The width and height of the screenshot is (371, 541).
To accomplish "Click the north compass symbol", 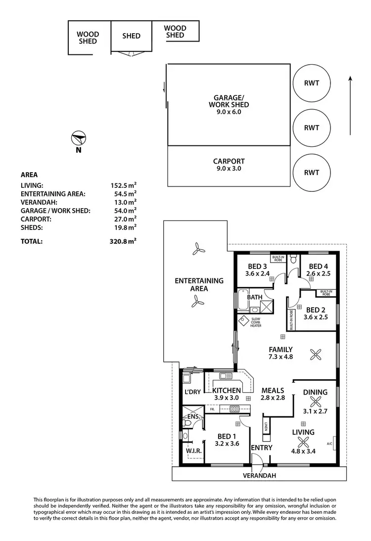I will (78, 137).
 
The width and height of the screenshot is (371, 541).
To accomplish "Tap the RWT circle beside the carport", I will (311, 173).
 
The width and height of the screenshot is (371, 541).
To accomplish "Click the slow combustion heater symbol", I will (244, 319).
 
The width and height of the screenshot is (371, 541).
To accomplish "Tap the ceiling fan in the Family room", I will (315, 354).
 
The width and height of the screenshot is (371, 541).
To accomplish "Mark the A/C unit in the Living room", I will (335, 444).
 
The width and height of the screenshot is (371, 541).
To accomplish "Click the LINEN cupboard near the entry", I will (266, 426).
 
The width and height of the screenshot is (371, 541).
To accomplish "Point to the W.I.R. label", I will (192, 451).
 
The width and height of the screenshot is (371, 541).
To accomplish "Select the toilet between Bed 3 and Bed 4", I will (294, 259).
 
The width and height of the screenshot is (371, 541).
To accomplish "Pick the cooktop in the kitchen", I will (235, 408).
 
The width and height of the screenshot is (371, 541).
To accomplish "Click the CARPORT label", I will (228, 161).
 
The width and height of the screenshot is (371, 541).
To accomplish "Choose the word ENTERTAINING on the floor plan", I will (199, 280).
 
